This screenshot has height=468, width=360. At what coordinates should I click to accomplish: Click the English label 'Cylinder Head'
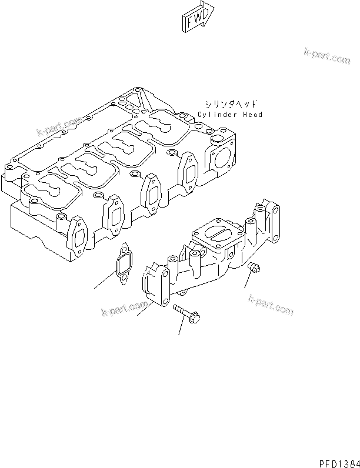[x=222, y=115]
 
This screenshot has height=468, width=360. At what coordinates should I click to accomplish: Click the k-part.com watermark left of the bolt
[x=124, y=308]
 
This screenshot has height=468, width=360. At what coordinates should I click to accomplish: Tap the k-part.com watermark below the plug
[x=271, y=304]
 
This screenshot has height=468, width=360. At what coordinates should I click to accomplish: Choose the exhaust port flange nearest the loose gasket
[x=78, y=238]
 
